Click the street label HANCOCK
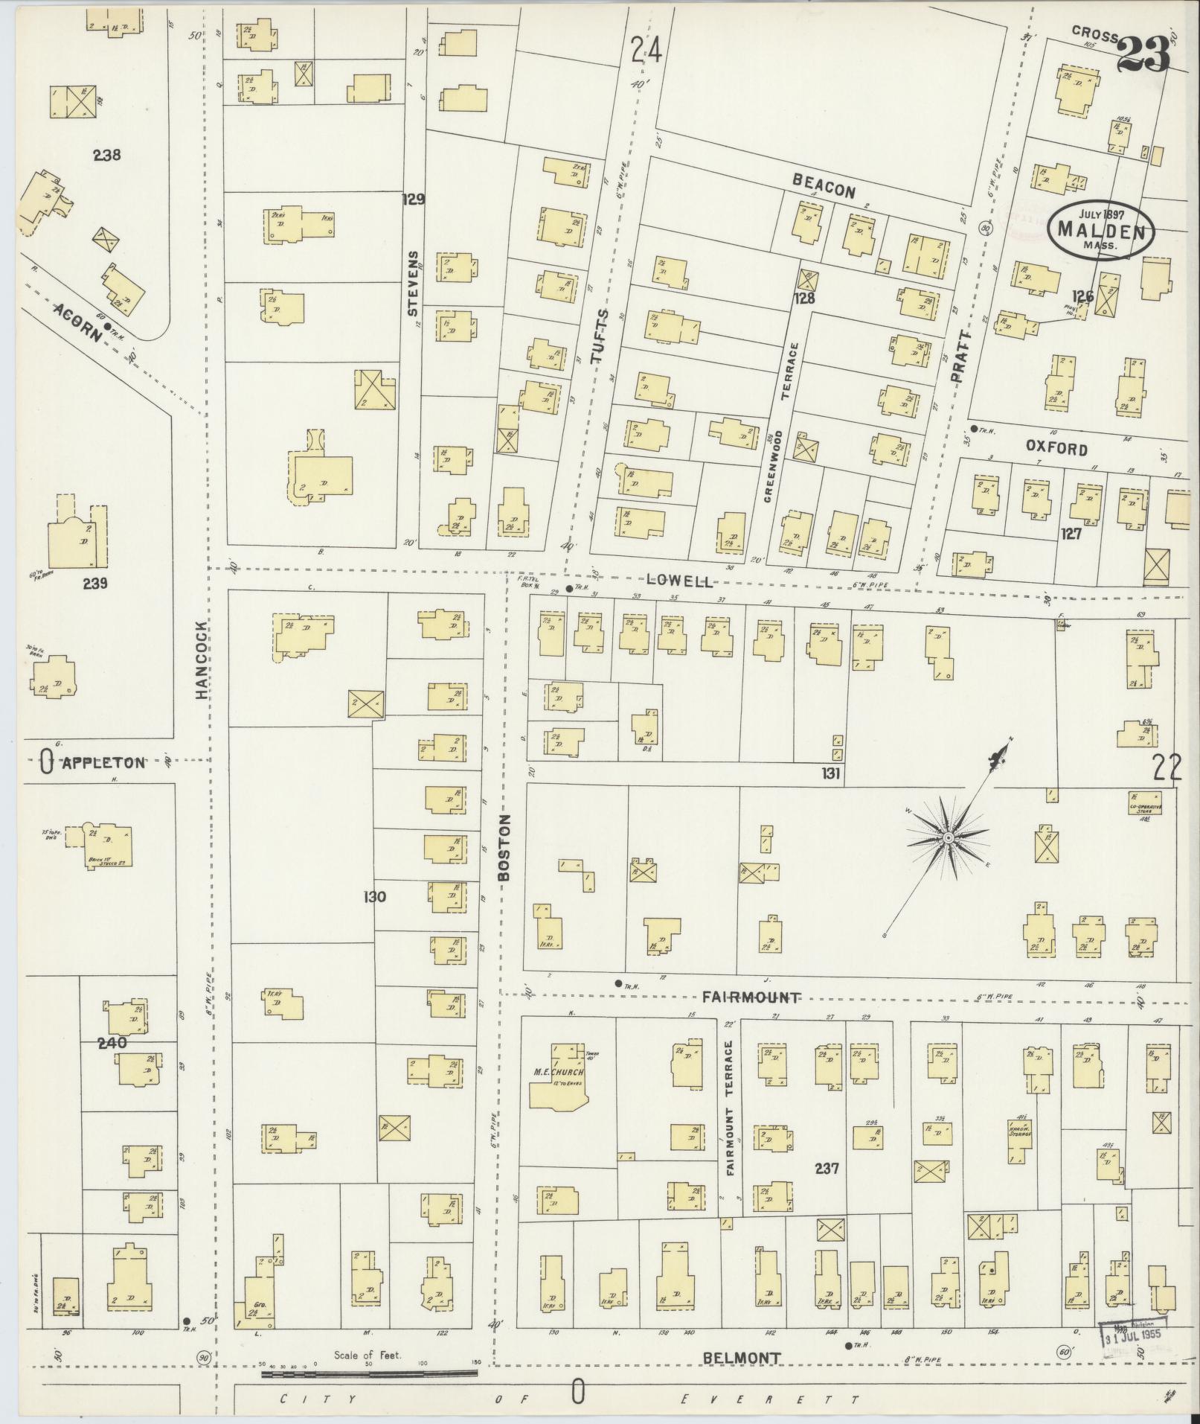(x=202, y=660)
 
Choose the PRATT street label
(x=960, y=357)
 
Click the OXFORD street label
(x=1056, y=449)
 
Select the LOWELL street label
(x=679, y=581)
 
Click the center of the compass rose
(x=949, y=839)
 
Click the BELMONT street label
(x=742, y=1358)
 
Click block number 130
(x=374, y=897)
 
